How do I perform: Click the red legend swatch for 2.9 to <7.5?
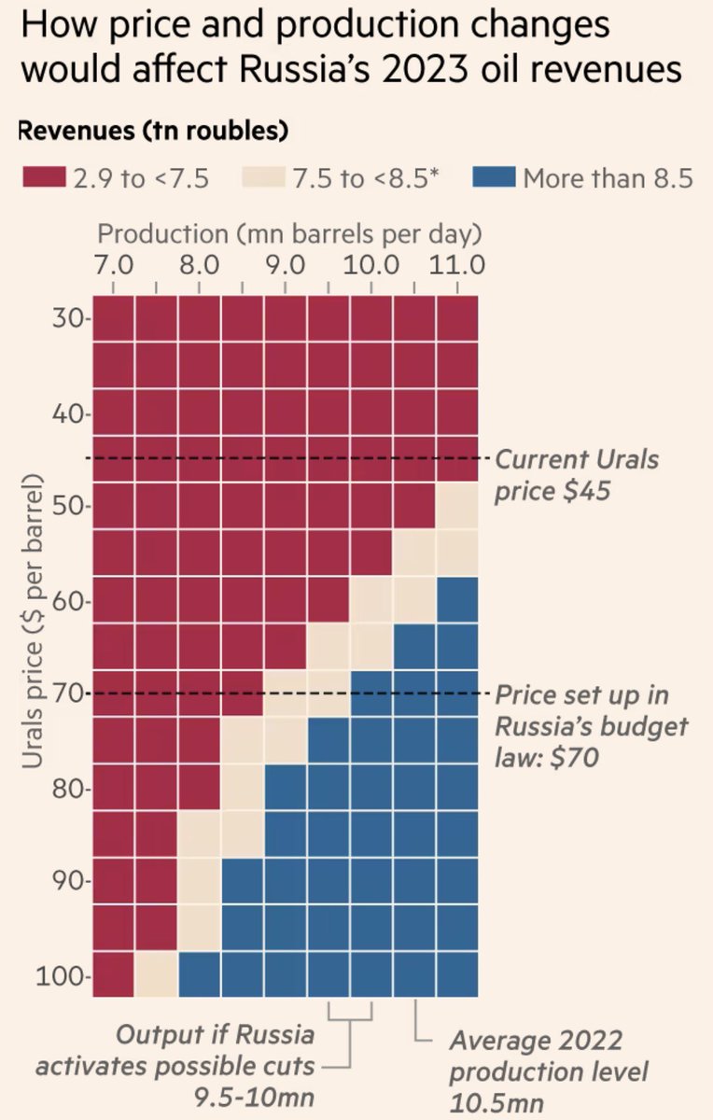pos(43,177)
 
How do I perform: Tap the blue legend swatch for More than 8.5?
pos(495,177)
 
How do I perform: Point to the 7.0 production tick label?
pos(113,264)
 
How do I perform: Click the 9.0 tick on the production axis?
pos(285,264)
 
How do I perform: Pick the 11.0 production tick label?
pos(457,264)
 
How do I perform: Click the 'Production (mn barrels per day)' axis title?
pos(289,232)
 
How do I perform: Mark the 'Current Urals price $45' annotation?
pos(576,474)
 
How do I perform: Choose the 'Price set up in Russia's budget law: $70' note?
pos(591,726)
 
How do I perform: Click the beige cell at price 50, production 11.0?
pos(457,506)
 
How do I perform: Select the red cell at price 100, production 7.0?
pos(113,974)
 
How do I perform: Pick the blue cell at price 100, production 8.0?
pos(199,974)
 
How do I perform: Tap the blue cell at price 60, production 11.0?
pos(457,599)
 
